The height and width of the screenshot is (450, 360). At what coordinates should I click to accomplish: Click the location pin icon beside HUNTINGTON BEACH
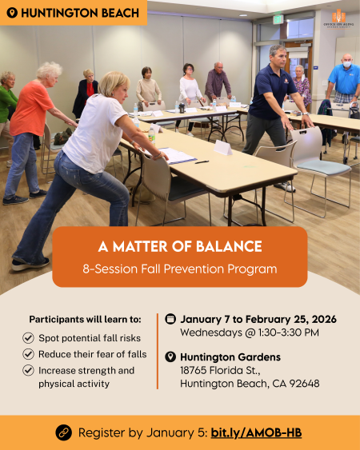coord(11,13)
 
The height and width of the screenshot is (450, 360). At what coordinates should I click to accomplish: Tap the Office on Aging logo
coord(339,18)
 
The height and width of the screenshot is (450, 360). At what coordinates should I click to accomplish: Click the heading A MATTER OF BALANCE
coord(180,247)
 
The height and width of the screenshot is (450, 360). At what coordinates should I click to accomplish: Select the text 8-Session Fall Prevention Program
coord(180,269)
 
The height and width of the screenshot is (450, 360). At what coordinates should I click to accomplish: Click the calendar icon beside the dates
coord(170,319)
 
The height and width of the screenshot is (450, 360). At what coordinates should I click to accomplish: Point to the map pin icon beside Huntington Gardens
coord(170,356)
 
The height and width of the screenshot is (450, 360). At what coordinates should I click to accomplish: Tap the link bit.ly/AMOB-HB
coord(256,432)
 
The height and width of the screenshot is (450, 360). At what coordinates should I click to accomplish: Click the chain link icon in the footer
coord(64,432)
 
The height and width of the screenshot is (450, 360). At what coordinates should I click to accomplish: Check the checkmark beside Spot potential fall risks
coord(28,338)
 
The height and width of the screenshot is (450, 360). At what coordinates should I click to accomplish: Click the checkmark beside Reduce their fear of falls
coord(28,354)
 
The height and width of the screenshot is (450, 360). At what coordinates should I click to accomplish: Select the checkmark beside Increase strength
coord(28,371)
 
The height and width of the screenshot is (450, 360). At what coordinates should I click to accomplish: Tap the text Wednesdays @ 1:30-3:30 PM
coord(249,333)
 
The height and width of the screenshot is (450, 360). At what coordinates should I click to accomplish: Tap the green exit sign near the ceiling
coord(277,18)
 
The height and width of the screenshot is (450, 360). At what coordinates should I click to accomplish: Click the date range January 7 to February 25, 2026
coord(258,319)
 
